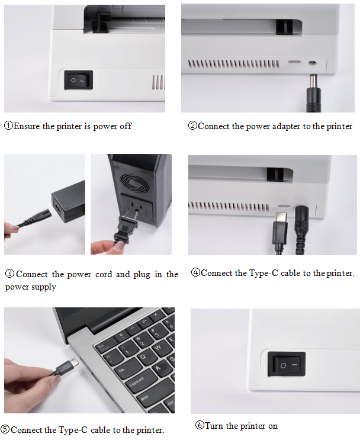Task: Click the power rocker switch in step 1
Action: tap(79, 80)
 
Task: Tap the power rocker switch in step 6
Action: tap(287, 364)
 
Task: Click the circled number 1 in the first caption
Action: tap(8, 126)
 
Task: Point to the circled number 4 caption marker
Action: tap(195, 273)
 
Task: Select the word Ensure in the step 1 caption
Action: tap(27, 126)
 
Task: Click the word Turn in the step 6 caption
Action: tap(214, 426)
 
